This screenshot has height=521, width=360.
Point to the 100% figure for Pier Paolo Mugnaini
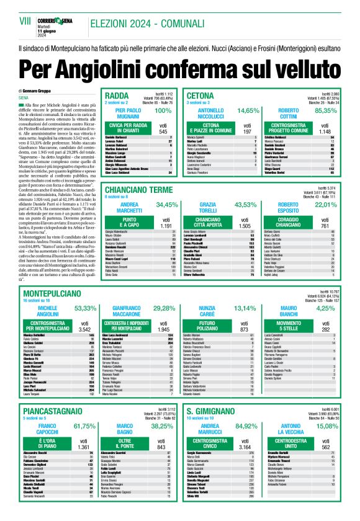(163, 110)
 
